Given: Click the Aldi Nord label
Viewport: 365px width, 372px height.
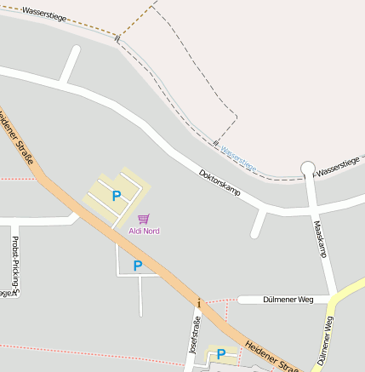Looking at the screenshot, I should click(144, 231).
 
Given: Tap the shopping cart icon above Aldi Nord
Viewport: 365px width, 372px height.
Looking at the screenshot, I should click(143, 219).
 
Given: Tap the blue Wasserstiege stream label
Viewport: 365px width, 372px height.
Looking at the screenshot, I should click(238, 155).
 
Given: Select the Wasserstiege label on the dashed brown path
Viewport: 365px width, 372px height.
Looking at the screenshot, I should click(43, 14).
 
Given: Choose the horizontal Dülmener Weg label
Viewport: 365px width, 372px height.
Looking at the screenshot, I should click(288, 300).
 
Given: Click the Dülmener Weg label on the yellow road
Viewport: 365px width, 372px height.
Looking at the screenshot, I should click(324, 341).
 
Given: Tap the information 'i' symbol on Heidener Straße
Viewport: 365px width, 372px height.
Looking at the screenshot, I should click(199, 303).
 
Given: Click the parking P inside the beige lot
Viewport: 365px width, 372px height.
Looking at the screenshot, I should click(117, 196).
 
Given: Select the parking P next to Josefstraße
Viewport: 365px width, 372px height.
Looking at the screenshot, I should click(221, 354).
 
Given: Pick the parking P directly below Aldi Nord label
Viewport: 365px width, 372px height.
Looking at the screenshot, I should click(138, 266).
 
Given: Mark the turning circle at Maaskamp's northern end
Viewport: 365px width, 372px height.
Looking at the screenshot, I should click(308, 169).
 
